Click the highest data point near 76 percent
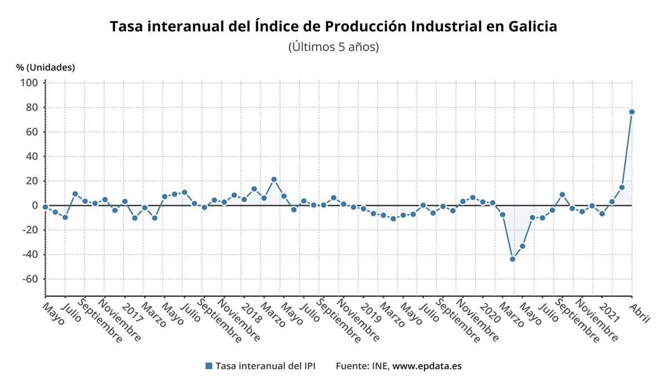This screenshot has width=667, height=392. pyautogui.click(x=631, y=112)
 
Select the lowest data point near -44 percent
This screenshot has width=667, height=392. pyautogui.click(x=512, y=259)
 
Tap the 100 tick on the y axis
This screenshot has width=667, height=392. pyautogui.click(x=29, y=83)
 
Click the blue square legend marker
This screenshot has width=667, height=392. pyautogui.click(x=208, y=366)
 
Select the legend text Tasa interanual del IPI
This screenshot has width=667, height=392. pyautogui.click(x=265, y=366)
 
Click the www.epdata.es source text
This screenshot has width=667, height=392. pyautogui.click(x=427, y=366)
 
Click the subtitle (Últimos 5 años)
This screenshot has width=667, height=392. pyautogui.click(x=333, y=47)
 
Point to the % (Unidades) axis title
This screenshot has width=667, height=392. pyautogui.click(x=46, y=67)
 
